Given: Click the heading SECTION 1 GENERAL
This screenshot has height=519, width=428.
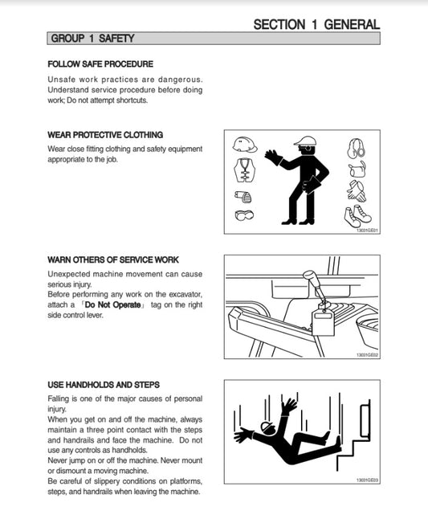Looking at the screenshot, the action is (x=316, y=24).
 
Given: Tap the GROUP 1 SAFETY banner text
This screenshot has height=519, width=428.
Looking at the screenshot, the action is (x=92, y=39).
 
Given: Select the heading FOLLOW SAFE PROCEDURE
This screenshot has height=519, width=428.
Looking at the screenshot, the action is (x=100, y=64).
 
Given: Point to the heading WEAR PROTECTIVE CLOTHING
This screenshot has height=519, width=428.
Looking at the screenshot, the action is (x=105, y=135).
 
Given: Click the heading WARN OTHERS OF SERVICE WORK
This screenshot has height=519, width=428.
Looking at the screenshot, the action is (x=113, y=259).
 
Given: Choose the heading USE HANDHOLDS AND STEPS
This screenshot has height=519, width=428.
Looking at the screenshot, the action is (x=104, y=385).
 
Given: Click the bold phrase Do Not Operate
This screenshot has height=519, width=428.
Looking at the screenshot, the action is (x=112, y=304).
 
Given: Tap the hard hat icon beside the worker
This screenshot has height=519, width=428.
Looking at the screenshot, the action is (x=245, y=145).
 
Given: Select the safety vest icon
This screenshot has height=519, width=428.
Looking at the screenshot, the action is (x=244, y=170).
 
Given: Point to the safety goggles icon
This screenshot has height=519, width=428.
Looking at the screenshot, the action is (x=244, y=215).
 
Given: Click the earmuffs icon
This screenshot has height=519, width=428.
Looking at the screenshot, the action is (x=357, y=148).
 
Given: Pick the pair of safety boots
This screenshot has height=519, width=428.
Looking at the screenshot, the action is (x=357, y=216).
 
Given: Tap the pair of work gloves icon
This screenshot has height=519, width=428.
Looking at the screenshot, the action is (x=357, y=191).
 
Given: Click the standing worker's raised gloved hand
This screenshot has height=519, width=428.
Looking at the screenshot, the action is (x=273, y=157).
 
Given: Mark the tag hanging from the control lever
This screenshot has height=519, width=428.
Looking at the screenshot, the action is (x=323, y=322).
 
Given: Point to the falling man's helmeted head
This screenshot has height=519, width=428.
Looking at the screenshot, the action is (x=268, y=428).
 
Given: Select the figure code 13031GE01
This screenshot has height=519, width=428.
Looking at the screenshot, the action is (x=367, y=231).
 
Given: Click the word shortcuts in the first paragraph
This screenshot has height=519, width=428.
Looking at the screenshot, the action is (x=132, y=100).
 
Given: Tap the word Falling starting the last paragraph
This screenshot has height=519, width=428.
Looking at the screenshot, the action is (x=58, y=398).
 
